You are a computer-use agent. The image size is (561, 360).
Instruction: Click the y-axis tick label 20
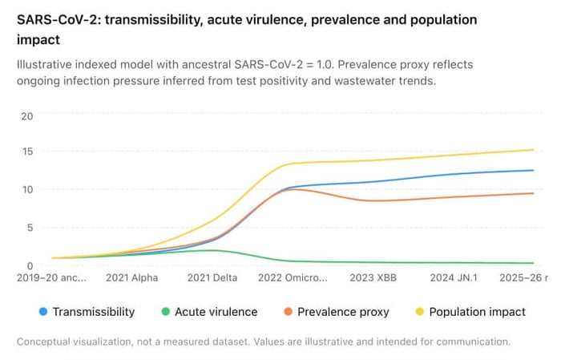[26, 116]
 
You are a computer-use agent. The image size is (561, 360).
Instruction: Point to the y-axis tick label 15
[27, 152]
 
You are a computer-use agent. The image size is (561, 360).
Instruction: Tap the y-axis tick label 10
[27, 189]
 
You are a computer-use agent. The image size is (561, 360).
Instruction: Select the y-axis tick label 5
[30, 228]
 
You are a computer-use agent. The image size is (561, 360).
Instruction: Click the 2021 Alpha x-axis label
[131, 277]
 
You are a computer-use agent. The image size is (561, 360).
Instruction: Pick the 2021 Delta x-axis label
[212, 277]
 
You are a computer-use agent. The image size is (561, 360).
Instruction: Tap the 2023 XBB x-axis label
[373, 277]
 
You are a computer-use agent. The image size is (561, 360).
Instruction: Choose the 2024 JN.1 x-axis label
[454, 277]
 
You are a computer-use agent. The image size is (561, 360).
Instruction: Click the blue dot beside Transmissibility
[43, 312]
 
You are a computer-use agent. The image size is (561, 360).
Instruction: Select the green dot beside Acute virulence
[165, 312]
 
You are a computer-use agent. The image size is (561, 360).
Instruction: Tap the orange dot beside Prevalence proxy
[288, 312]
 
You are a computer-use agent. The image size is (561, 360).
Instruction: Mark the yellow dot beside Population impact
[419, 312]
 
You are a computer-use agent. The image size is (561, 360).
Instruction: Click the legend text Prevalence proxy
[343, 312]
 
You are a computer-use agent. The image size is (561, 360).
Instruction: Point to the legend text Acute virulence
[216, 312]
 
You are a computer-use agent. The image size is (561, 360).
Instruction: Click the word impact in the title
[38, 40]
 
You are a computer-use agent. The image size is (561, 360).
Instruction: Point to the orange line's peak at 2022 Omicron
[293, 189]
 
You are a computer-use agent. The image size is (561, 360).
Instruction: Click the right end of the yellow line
[534, 150]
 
